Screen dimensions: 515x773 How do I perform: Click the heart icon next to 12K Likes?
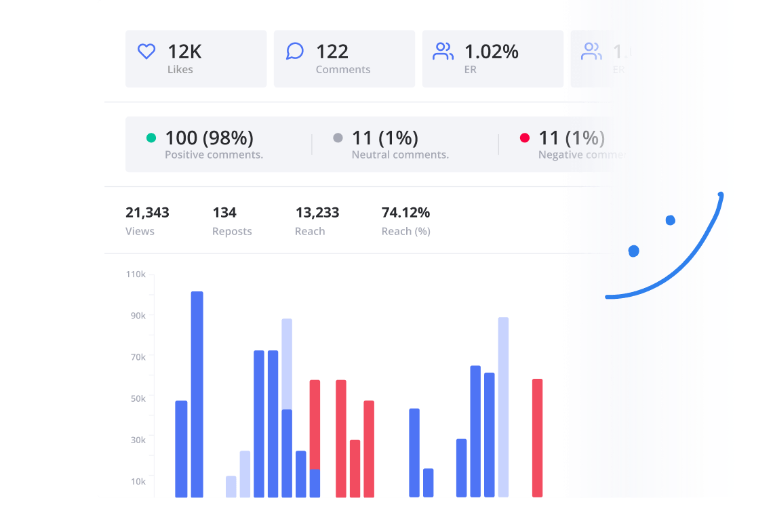[x=146, y=52]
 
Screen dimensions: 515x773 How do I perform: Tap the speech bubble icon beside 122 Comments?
[x=295, y=52]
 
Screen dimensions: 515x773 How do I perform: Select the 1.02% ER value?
[x=491, y=52]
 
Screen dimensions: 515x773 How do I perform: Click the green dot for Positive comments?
[x=151, y=138]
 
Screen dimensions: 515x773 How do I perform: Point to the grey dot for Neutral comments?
[x=338, y=138]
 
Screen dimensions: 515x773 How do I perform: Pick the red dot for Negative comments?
[x=524, y=138]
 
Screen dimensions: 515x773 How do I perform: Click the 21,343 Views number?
[x=147, y=213]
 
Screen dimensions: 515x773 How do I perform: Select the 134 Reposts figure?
[x=224, y=213]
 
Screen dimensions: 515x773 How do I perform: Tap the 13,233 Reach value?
[x=317, y=213]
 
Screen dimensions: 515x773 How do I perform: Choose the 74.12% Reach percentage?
[x=405, y=213]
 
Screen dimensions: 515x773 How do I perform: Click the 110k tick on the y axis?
[x=136, y=274]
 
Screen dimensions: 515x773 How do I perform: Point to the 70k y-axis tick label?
[x=138, y=357]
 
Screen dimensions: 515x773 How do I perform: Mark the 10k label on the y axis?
[x=138, y=482]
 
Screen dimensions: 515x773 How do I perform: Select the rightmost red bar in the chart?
[x=537, y=438]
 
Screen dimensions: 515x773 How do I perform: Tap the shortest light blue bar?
[x=231, y=487]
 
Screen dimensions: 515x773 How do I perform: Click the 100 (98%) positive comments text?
[x=209, y=138]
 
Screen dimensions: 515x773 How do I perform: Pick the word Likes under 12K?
[x=180, y=70]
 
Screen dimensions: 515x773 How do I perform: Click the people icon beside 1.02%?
[x=443, y=52]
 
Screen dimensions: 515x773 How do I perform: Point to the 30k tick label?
[x=138, y=440]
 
